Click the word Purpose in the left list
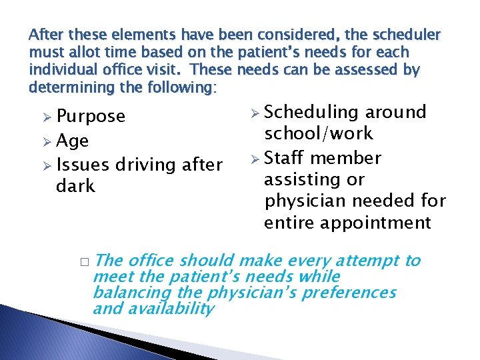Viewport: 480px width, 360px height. coord(91,117)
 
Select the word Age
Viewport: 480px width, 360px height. coord(73,141)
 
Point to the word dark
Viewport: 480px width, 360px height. coord(77,186)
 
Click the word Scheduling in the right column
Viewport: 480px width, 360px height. coord(314,113)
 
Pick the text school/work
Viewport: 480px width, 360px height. coord(319,134)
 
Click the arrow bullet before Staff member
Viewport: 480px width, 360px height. coord(253,159)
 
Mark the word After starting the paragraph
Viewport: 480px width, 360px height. coord(45,35)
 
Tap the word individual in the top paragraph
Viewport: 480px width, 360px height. coord(61,70)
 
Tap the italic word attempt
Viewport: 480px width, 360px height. coord(369,261)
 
